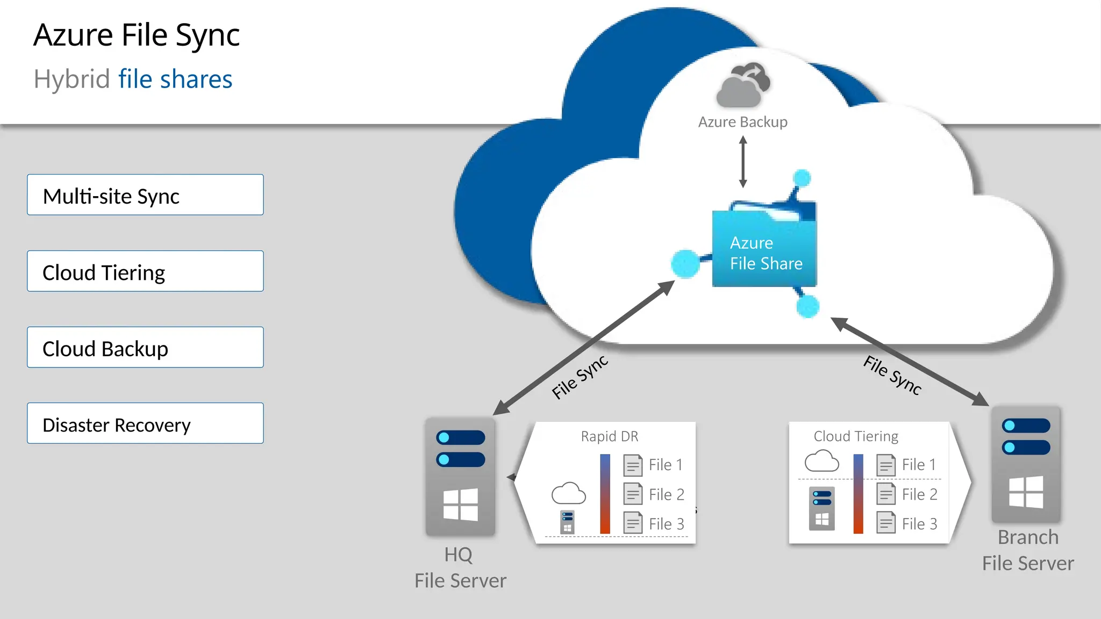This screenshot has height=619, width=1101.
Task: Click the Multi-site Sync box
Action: [x=145, y=195]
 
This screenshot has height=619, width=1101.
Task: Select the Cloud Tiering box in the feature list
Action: [x=145, y=271]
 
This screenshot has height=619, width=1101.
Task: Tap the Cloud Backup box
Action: [x=145, y=348]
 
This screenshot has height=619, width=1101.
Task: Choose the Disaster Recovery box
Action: [x=145, y=424]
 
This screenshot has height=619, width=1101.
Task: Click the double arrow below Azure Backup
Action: [x=743, y=162]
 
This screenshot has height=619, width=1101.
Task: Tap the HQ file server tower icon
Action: [x=460, y=477]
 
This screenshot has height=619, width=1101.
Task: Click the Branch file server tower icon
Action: [x=1026, y=465]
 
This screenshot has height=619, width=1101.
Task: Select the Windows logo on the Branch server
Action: [x=1026, y=492]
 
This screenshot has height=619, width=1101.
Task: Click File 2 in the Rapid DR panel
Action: [x=666, y=494]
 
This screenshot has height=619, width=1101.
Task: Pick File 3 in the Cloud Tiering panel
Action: [x=919, y=524]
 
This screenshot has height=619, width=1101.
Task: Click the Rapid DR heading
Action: [x=610, y=436]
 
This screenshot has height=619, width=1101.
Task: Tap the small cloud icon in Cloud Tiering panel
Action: [x=821, y=461]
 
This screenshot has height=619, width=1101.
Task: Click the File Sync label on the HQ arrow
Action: [x=580, y=377]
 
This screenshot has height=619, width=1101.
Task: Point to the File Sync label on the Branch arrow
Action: [x=892, y=376]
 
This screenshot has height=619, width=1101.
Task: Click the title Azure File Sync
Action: [x=137, y=35]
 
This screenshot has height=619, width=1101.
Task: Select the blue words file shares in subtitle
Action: [x=175, y=80]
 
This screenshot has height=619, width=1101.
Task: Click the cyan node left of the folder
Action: [x=685, y=264]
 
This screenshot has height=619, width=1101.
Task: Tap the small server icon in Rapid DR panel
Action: [x=567, y=522]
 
